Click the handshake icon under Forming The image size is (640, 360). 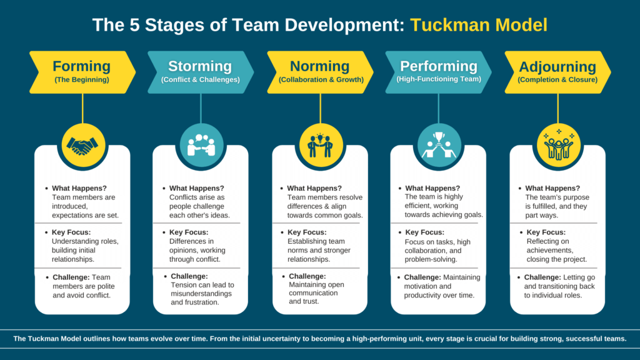pyautogui.click(x=82, y=146)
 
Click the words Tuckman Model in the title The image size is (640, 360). pyautogui.click(x=478, y=25)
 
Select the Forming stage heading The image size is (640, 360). pyautogui.click(x=82, y=66)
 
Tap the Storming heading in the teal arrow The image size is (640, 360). pyautogui.click(x=200, y=66)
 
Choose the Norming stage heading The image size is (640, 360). pyautogui.click(x=319, y=66)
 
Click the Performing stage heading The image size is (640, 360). pyautogui.click(x=439, y=66)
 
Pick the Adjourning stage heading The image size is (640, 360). pyautogui.click(x=557, y=66)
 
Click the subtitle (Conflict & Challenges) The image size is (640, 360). pyautogui.click(x=201, y=79)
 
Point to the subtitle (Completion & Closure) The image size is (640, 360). pyautogui.click(x=557, y=79)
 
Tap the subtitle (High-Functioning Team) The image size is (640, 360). pyautogui.click(x=439, y=79)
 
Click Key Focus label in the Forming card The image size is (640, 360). pyautogui.click(x=71, y=232)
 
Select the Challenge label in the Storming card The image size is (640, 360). pyautogui.click(x=189, y=276)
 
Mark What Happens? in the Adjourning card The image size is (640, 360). pyautogui.click(x=552, y=188)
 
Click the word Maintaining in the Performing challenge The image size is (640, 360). pyautogui.click(x=462, y=277)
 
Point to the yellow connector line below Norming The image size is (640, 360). pyautogui.click(x=321, y=109)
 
